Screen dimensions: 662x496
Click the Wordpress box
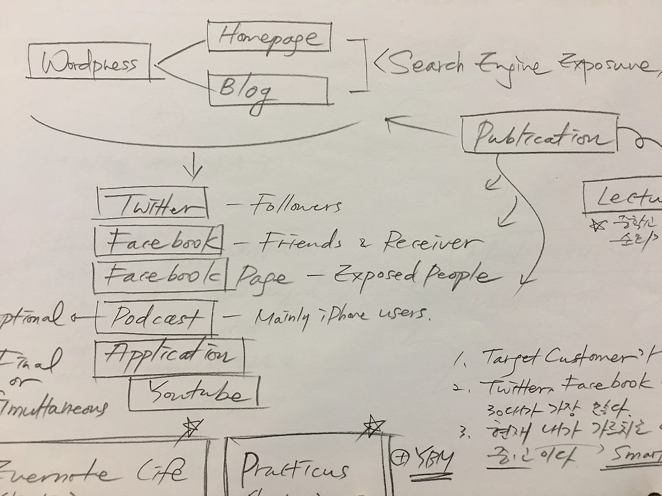click(89, 64)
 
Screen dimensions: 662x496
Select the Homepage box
click(269, 37)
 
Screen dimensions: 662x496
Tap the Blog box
click(267, 90)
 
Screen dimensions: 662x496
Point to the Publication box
click(539, 135)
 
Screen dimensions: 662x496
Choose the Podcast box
click(154, 316)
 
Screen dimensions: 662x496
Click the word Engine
click(509, 66)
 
